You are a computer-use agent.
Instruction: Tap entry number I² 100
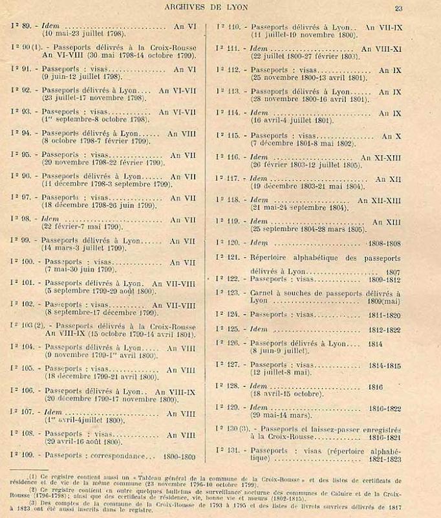point(25,262)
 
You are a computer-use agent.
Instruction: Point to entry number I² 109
point(25,455)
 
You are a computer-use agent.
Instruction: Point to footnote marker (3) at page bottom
point(30,502)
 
